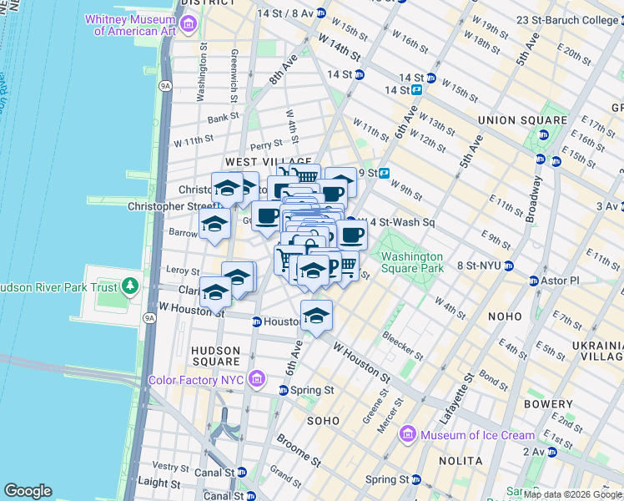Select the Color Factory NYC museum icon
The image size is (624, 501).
tap(257, 380)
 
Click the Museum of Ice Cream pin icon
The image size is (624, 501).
tap(408, 434)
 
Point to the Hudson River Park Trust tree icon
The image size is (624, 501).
tap(129, 287)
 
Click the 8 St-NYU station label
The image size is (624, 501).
tap(479, 266)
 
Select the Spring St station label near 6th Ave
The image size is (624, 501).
tap(317, 390)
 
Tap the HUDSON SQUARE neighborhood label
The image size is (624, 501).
tap(216, 356)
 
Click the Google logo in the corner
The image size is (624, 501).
tap(27, 491)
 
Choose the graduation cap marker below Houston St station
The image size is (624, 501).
tap(316, 316)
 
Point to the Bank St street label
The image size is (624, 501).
tap(224, 119)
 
